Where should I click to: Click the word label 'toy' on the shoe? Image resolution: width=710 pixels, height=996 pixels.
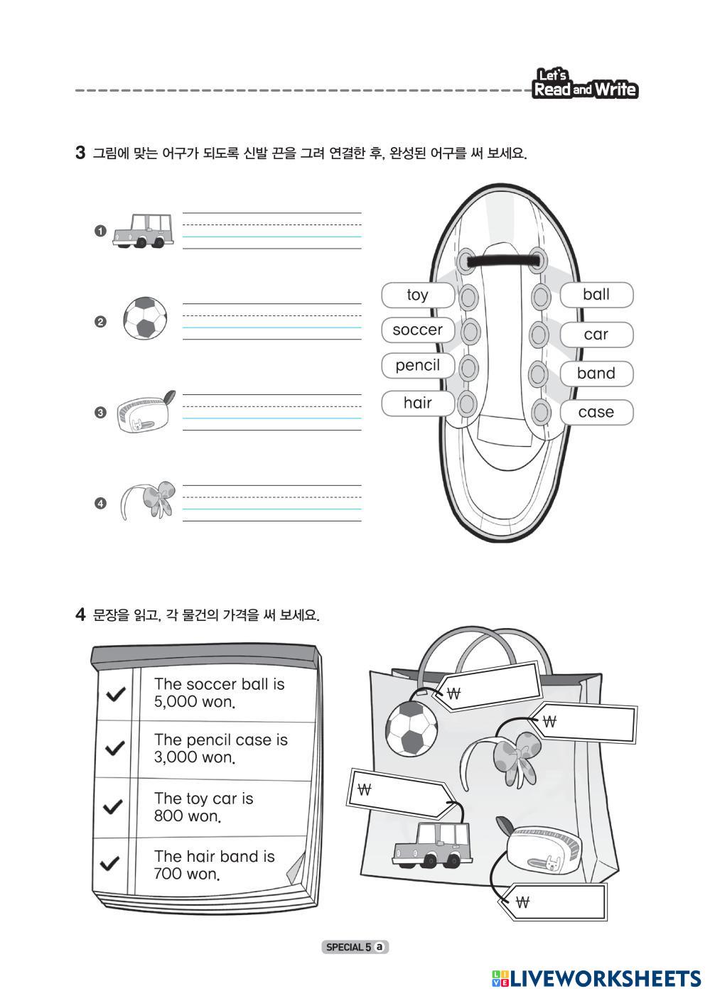click(x=417, y=295)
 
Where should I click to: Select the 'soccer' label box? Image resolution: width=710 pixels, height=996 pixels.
click(x=417, y=330)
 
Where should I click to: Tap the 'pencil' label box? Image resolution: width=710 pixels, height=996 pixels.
click(x=417, y=366)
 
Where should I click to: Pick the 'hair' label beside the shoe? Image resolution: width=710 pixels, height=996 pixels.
click(x=417, y=403)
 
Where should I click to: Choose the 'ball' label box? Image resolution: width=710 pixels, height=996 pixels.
click(x=596, y=295)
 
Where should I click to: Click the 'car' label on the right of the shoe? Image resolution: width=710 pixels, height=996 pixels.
click(x=596, y=335)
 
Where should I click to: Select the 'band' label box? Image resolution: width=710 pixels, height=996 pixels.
click(x=596, y=374)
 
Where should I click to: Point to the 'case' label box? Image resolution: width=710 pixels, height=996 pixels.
click(x=596, y=412)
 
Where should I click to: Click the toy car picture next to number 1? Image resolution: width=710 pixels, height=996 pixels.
click(x=142, y=231)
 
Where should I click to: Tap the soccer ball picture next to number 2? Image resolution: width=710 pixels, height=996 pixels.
click(x=145, y=318)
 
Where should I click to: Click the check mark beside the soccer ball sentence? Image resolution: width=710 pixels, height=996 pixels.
click(x=114, y=693)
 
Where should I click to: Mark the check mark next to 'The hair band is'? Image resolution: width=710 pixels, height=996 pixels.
click(x=110, y=863)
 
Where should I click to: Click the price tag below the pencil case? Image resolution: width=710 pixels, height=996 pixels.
click(x=554, y=902)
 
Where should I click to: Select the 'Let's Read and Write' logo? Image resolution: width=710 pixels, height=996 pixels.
click(x=584, y=85)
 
